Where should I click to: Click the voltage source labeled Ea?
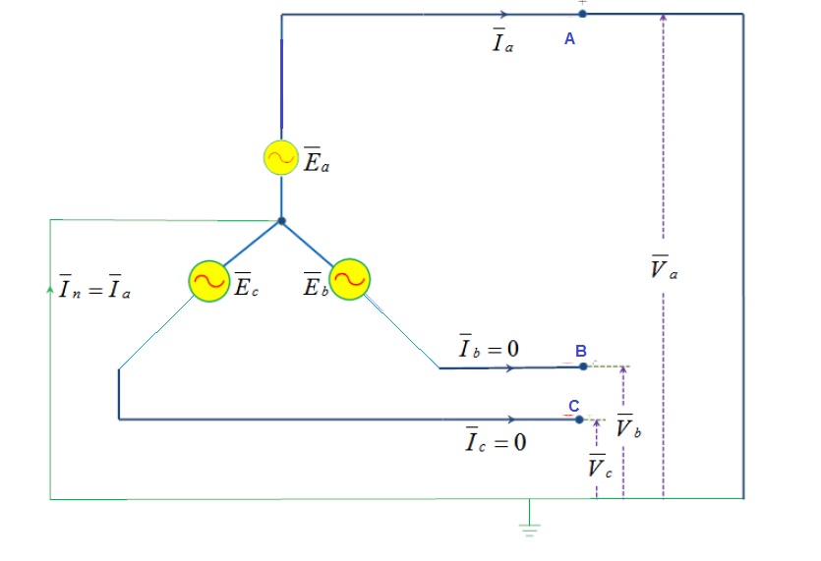(281, 158)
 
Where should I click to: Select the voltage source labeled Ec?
(207, 280)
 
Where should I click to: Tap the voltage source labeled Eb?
(349, 280)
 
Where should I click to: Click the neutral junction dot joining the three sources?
(281, 221)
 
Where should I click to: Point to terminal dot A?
(582, 14)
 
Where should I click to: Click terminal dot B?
(583, 366)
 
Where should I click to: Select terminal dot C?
(579, 420)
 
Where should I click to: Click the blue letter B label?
(580, 351)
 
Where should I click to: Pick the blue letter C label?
(573, 405)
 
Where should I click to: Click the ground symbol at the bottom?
(530, 529)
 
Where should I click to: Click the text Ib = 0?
(488, 347)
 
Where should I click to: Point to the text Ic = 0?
(496, 441)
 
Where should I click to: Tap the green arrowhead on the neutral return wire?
(50, 291)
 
